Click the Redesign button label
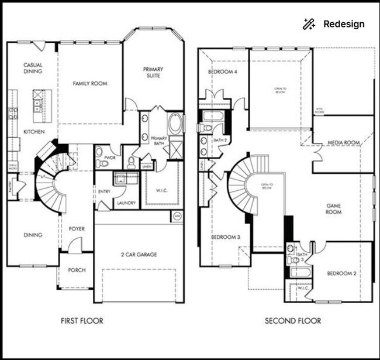pos(344,24)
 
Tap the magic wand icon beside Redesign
pos(309,24)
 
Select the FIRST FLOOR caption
pos(82,321)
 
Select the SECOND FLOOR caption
pos(293,321)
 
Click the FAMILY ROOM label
pos(90,84)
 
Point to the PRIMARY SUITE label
pos(153,73)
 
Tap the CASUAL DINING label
pos(32,68)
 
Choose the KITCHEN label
pos(30,132)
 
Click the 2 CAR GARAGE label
pos(139,255)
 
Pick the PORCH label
pos(77,270)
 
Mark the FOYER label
pos(77,228)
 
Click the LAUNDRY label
pos(126,204)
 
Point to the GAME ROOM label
pos(333,210)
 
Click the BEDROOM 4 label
pos(222,72)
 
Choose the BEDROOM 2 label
pos(341,273)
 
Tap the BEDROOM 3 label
pos(226,236)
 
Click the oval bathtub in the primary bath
pos(175,124)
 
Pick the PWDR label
pos(109,158)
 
